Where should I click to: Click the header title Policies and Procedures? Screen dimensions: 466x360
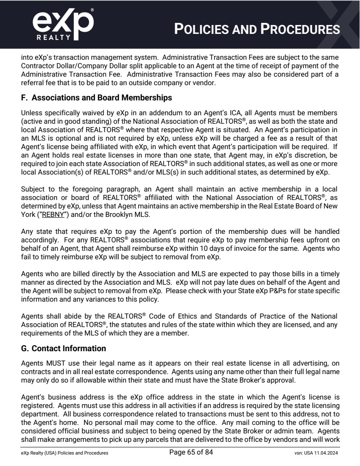click(x=257, y=29)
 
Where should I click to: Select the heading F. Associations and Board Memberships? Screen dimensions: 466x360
click(x=96, y=98)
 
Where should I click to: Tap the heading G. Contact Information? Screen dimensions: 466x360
click(x=63, y=349)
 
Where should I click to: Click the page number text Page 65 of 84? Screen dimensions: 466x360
click(x=191, y=452)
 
